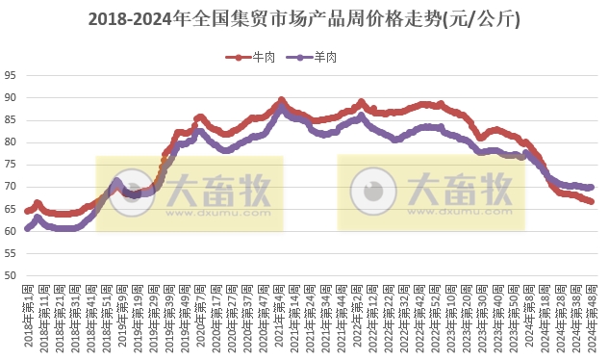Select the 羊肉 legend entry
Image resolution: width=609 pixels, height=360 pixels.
tap(317, 58)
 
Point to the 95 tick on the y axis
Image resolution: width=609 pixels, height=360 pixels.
tap(10, 76)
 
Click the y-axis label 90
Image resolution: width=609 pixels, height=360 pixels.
tap(10, 98)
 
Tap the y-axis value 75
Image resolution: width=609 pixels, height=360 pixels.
tap(10, 165)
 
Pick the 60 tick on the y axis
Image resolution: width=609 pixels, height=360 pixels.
tap(10, 231)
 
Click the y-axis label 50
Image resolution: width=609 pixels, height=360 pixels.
tap(10, 276)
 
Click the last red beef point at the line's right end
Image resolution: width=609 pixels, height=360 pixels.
tap(592, 201)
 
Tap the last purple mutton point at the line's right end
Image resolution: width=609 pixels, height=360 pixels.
tap(592, 188)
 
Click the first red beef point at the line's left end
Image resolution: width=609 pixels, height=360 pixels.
tap(28, 211)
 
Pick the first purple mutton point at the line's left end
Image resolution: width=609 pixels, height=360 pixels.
tap(28, 229)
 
